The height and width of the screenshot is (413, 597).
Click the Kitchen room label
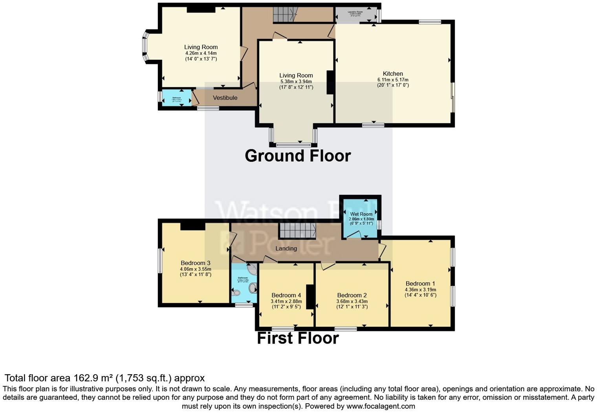click(393, 74)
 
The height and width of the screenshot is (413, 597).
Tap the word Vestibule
click(225, 98)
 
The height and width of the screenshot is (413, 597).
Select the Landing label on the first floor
click(286, 249)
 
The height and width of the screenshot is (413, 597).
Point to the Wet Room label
click(361, 214)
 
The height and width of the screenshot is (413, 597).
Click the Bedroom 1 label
click(420, 283)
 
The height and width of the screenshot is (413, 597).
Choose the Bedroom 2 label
click(352, 295)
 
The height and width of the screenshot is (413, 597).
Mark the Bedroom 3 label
click(196, 263)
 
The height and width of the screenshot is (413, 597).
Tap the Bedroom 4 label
click(286, 295)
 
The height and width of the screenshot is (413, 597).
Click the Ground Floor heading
click(298, 156)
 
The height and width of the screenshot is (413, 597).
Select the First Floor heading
click(298, 338)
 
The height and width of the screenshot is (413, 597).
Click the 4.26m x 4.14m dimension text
click(201, 53)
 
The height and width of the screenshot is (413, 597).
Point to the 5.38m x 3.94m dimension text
click(296, 81)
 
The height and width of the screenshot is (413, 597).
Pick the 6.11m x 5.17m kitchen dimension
click(393, 79)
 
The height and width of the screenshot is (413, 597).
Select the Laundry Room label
click(355, 12)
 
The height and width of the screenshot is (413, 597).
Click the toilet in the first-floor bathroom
click(236, 293)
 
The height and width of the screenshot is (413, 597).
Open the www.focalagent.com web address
click(381, 406)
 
